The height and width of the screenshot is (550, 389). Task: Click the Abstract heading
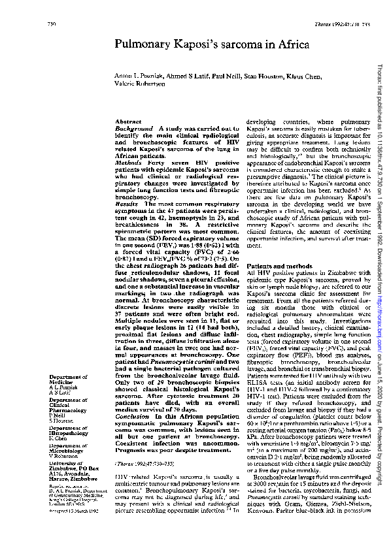127,122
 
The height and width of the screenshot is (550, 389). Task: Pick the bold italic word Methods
127,161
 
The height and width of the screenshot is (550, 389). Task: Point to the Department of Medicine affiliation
68,380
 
